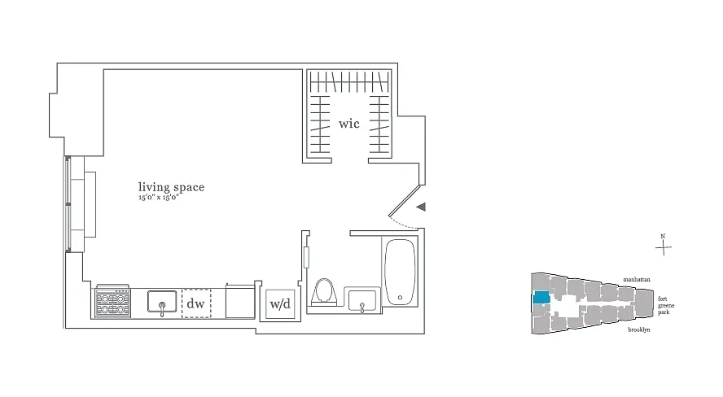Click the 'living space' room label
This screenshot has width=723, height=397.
click(x=170, y=187)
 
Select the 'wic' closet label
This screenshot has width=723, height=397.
click(x=350, y=126)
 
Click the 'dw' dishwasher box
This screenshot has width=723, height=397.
click(x=195, y=303)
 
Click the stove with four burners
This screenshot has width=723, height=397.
click(x=113, y=303)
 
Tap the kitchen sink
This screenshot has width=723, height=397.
click(x=162, y=303)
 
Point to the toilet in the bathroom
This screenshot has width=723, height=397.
click(x=323, y=293)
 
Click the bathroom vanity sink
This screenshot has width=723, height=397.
click(x=361, y=301)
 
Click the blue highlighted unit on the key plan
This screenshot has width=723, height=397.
click(x=538, y=297)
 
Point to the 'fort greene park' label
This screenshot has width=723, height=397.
click(x=664, y=305)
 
